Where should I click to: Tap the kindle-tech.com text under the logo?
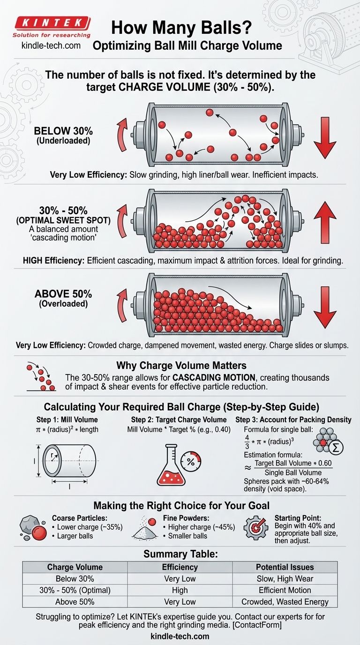[51, 45]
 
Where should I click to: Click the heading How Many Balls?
[181, 28]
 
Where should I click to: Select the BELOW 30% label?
[63, 131]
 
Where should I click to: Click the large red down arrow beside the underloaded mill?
[325, 138]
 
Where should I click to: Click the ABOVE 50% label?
[63, 294]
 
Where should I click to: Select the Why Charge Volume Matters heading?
[181, 366]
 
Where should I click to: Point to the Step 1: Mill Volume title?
[67, 420]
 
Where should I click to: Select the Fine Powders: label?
[186, 518]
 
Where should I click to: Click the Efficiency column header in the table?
[180, 567]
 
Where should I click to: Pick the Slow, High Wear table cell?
[285, 578]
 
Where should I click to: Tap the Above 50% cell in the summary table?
[75, 601]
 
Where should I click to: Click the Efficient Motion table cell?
[285, 590]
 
